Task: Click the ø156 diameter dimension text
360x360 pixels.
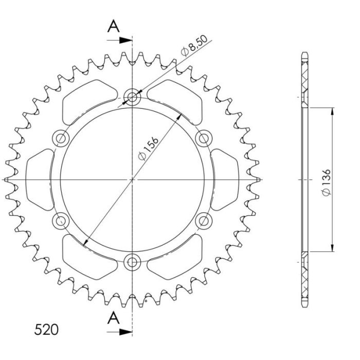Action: tap(149, 148)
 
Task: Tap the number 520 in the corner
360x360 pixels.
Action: tap(46, 329)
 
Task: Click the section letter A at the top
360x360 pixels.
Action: tap(114, 26)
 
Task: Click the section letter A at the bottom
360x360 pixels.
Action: tap(114, 319)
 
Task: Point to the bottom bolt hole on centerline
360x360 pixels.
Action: tap(133, 262)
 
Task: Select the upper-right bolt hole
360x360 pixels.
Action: tap(204, 138)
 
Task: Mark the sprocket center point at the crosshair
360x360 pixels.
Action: tap(133, 179)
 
